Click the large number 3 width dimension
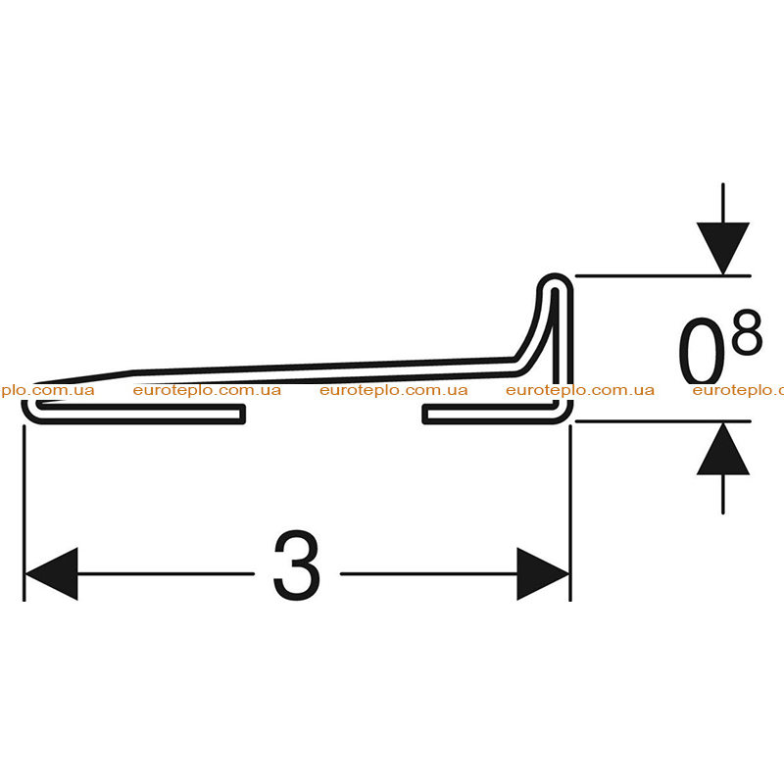pos(297,565)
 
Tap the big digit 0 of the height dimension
pos(702,351)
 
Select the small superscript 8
pos(747,331)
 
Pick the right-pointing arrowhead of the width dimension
pos(543,574)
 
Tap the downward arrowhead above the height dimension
pos(723,249)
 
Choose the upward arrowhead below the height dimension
pos(723,449)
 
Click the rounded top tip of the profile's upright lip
pos(555,275)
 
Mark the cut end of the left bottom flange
pos(243,415)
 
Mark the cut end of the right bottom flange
pos(424,415)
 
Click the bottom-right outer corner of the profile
pos(569,420)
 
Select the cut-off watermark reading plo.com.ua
pos(47,390)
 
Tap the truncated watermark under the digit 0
pos(738,390)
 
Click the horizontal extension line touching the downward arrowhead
pos(663,275)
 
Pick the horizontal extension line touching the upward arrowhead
pos(663,421)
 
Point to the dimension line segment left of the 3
pos(166,574)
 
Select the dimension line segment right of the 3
pos(428,574)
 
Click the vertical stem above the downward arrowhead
pos(723,203)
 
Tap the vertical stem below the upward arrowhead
pos(723,494)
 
